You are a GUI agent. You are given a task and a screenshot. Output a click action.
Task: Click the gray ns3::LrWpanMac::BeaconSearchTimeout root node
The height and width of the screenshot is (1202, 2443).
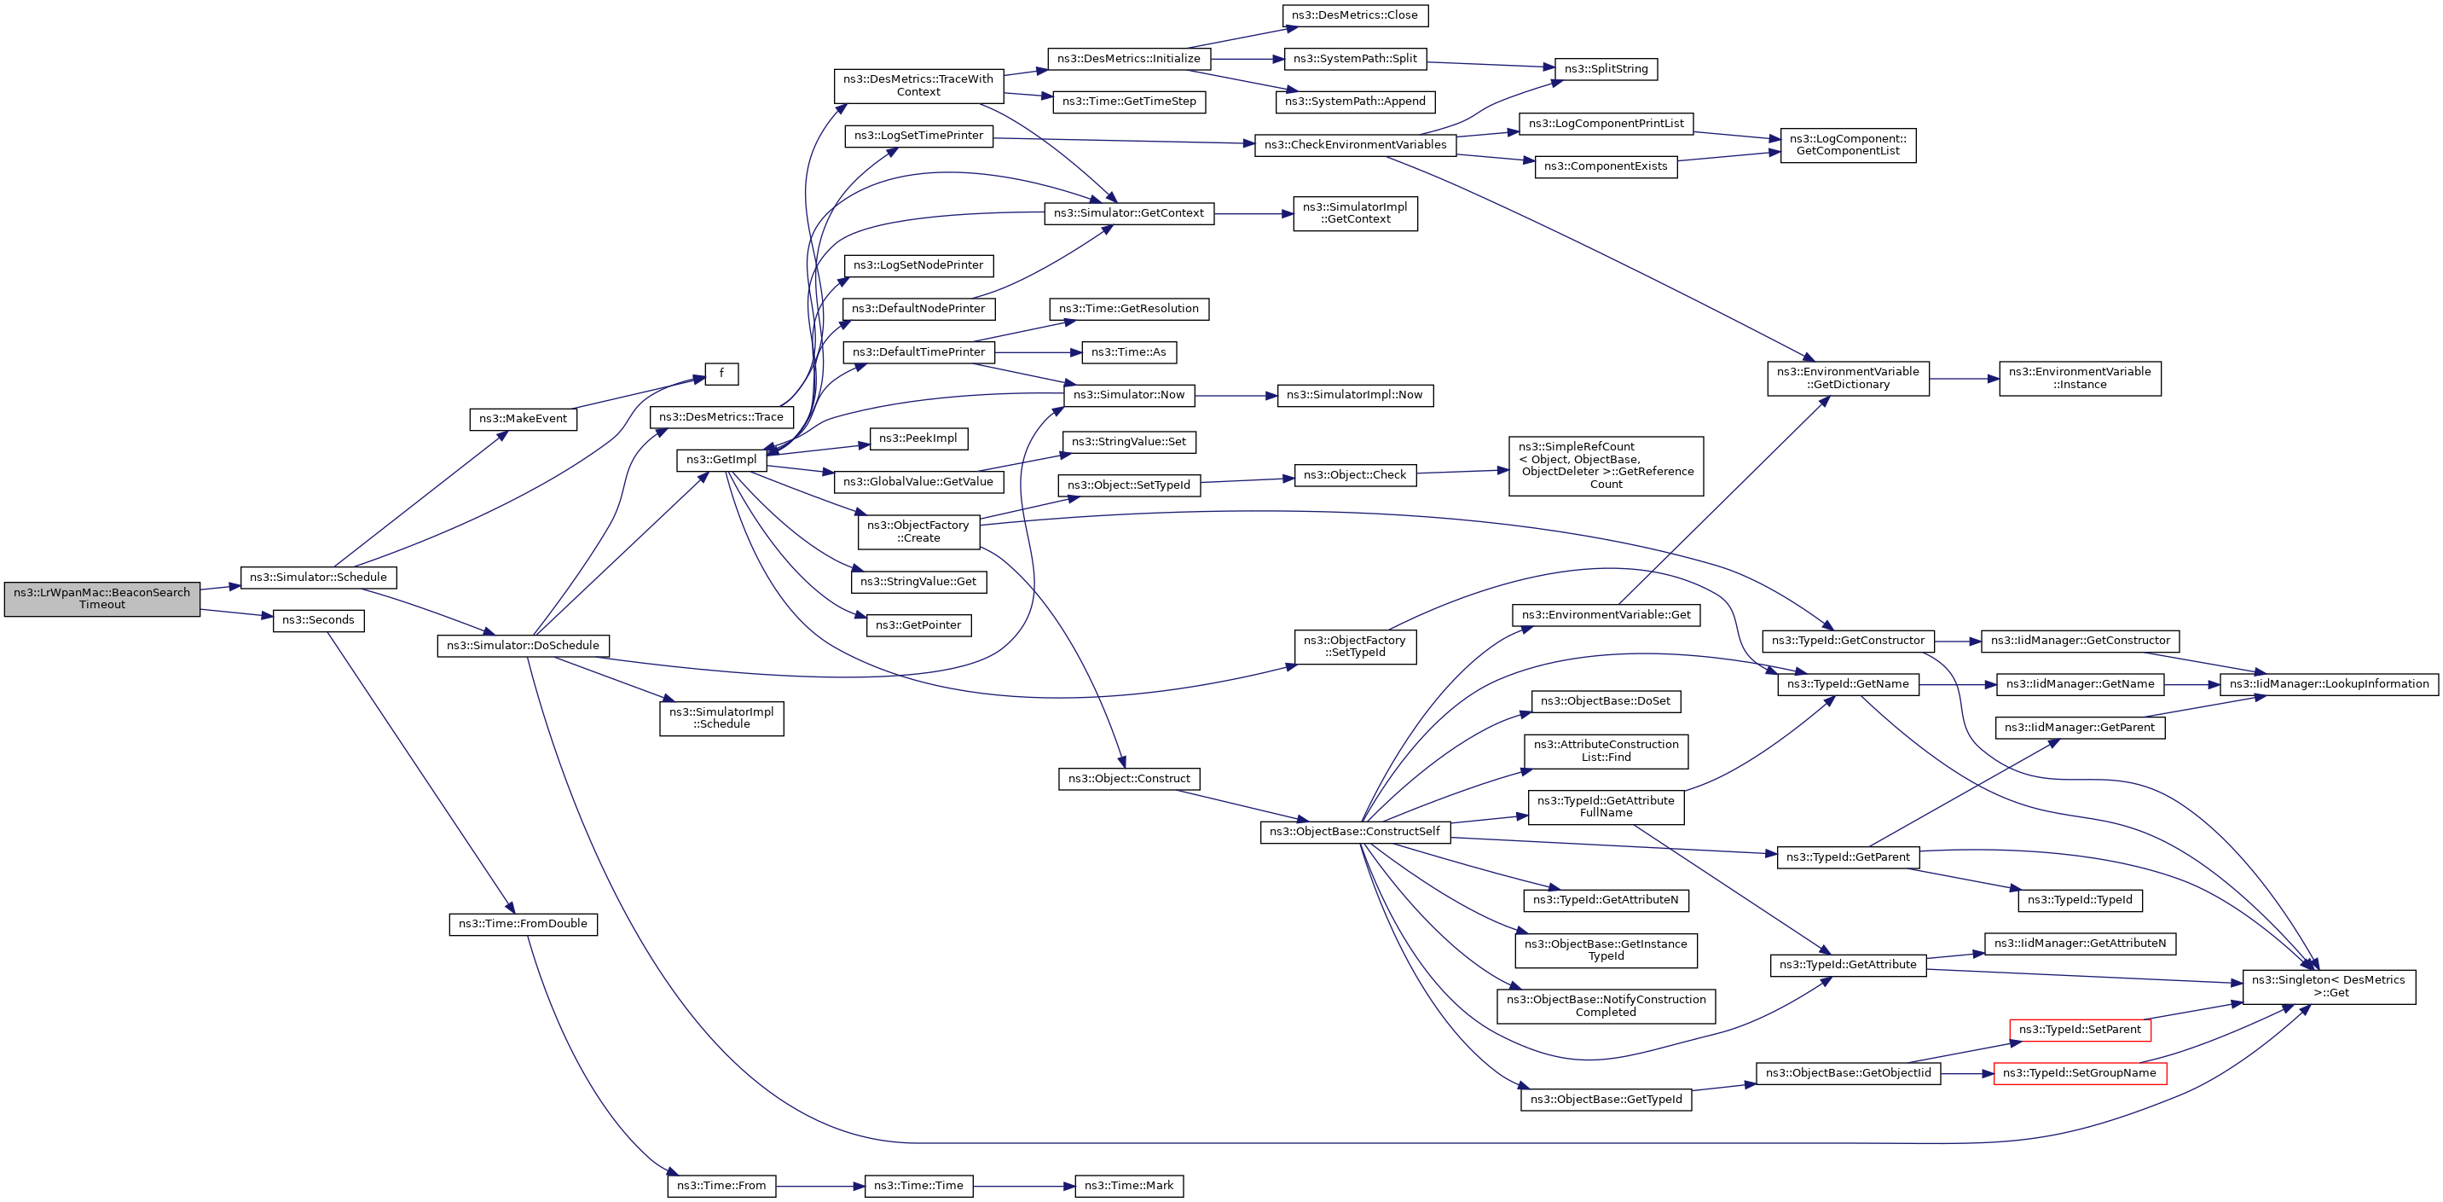coord(101,599)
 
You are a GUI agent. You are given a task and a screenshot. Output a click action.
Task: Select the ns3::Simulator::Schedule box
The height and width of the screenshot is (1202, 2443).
coord(318,577)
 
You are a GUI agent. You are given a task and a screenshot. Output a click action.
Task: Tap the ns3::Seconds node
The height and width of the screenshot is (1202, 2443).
coord(318,620)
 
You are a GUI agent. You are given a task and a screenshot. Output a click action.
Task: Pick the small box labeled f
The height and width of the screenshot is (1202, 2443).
coord(721,374)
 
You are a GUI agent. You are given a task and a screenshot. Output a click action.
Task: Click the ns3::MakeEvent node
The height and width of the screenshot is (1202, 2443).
coord(523,418)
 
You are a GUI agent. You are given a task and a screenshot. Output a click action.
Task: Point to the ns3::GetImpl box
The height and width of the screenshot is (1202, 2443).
coord(721,460)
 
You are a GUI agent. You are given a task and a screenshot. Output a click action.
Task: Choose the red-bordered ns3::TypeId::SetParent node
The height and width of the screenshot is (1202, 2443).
coord(2079,1030)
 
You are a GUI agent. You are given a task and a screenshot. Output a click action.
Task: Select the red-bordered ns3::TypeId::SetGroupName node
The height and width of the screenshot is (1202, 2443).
coord(2079,1073)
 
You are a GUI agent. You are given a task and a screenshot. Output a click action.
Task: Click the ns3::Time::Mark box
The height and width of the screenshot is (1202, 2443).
coord(1129,1186)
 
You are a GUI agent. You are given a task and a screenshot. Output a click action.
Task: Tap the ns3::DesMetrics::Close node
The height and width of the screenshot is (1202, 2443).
coord(1354,15)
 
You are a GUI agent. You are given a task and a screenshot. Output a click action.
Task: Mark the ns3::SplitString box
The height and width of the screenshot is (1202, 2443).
coord(1606,68)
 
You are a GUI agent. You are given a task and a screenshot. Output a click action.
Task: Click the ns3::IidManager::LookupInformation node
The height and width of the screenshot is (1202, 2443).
coord(2328,684)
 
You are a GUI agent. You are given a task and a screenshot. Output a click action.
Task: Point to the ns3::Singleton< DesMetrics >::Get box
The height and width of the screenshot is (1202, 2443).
coord(2328,987)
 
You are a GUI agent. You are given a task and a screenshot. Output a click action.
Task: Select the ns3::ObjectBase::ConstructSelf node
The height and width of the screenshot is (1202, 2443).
coord(1354,832)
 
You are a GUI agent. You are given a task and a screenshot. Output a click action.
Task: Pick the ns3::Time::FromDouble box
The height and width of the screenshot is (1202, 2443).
coord(523,924)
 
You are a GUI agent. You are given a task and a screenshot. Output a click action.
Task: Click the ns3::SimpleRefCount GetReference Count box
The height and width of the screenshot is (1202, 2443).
coord(1606,466)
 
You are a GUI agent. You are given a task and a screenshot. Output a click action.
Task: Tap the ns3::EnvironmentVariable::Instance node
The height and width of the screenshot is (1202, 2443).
coord(2079,379)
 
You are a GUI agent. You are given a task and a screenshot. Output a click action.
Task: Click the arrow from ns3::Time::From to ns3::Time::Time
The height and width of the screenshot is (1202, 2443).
coord(820,1186)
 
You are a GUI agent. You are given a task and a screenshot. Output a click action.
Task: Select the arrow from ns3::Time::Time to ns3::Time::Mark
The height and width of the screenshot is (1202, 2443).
coord(1024,1186)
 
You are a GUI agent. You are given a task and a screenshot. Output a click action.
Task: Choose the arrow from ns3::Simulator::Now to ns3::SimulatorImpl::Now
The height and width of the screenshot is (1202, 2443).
coord(1236,395)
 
